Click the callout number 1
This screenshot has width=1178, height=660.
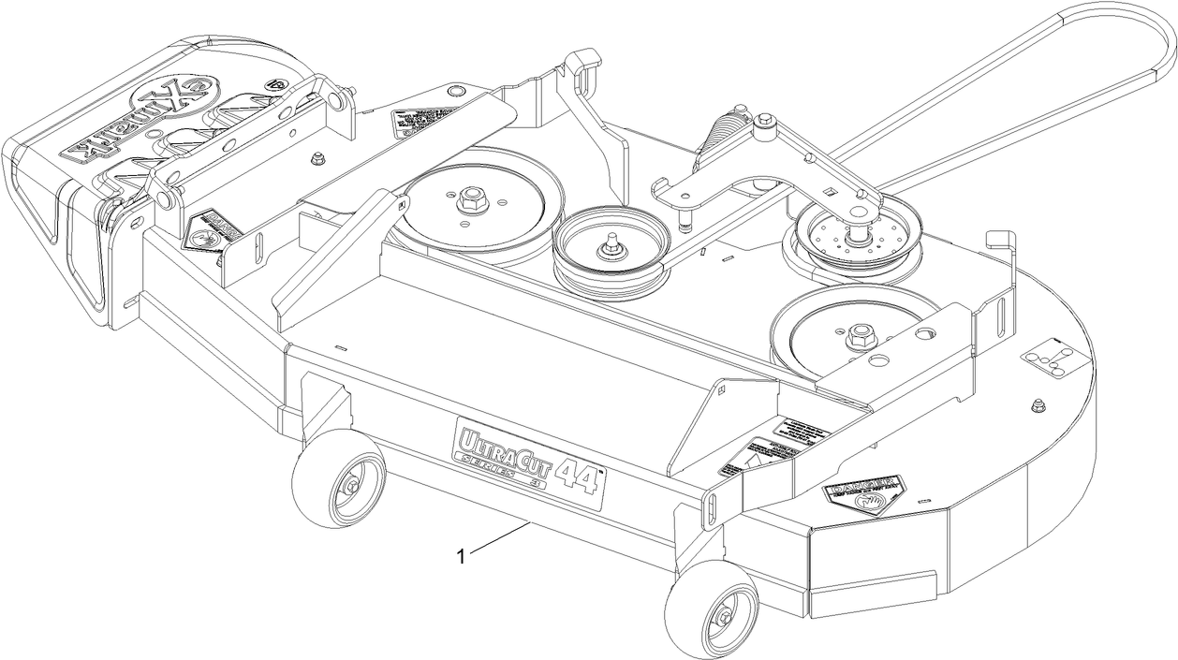pos(461,556)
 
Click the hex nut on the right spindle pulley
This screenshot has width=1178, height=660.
pos(858,336)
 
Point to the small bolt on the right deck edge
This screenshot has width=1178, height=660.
pos(1036,404)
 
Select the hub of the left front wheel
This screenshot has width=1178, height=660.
pos(350,484)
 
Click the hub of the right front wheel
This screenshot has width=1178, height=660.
pos(724,615)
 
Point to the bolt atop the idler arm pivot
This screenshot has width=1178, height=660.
pos(766,119)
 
